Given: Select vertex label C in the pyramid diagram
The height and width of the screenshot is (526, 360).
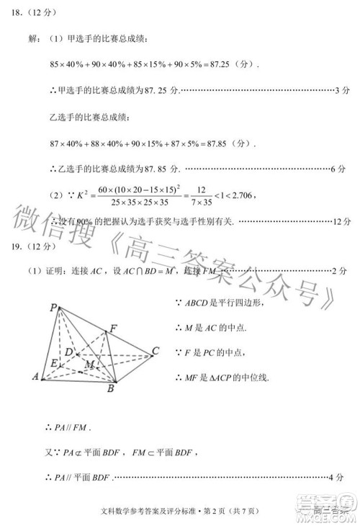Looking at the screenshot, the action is point(155,352).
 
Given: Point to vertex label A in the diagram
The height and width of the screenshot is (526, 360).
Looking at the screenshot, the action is point(35,375).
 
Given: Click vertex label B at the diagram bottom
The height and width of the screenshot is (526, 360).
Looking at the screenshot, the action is point(110,390).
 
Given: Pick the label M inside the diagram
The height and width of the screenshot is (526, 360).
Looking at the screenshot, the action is point(89,365).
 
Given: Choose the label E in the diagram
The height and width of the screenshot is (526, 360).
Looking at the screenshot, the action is point(54,363).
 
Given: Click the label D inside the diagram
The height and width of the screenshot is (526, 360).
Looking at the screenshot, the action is point(69,352).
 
